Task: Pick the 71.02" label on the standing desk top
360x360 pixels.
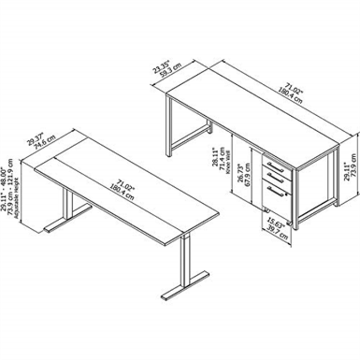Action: [x=124, y=182]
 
